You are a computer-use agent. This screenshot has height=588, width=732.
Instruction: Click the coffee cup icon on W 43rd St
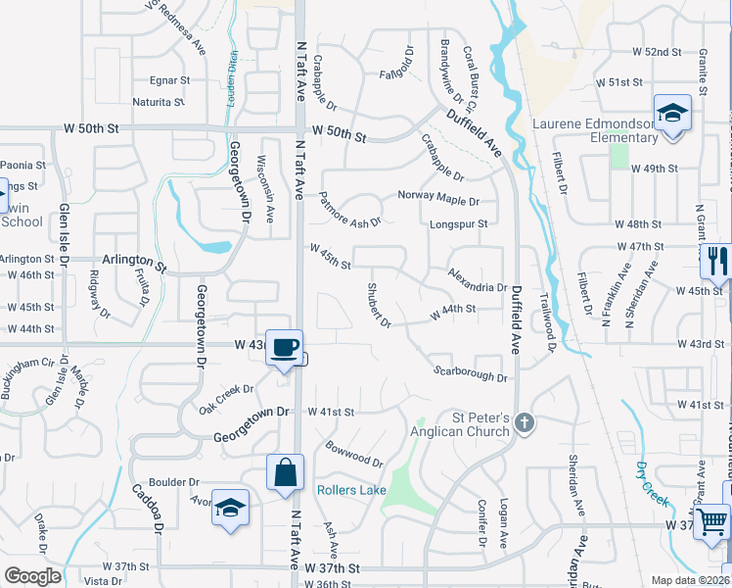point(285,347)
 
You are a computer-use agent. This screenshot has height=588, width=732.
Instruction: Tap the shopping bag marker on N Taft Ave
point(284,472)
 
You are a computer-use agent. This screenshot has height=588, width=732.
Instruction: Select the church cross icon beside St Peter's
point(525,423)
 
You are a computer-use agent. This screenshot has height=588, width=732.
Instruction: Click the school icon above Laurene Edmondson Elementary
point(672,113)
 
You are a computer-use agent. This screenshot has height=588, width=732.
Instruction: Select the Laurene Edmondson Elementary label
point(595,130)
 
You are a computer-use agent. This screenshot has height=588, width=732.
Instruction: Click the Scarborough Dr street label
point(471,372)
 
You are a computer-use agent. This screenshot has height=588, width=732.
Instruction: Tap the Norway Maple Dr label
point(438,196)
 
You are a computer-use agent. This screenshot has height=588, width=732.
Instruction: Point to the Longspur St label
point(458,224)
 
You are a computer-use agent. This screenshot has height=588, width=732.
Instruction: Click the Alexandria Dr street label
point(477,281)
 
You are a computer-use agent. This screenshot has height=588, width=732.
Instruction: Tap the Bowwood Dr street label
point(353,454)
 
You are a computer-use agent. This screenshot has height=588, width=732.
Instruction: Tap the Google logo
point(33,575)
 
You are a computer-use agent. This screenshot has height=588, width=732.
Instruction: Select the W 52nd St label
point(656,51)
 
